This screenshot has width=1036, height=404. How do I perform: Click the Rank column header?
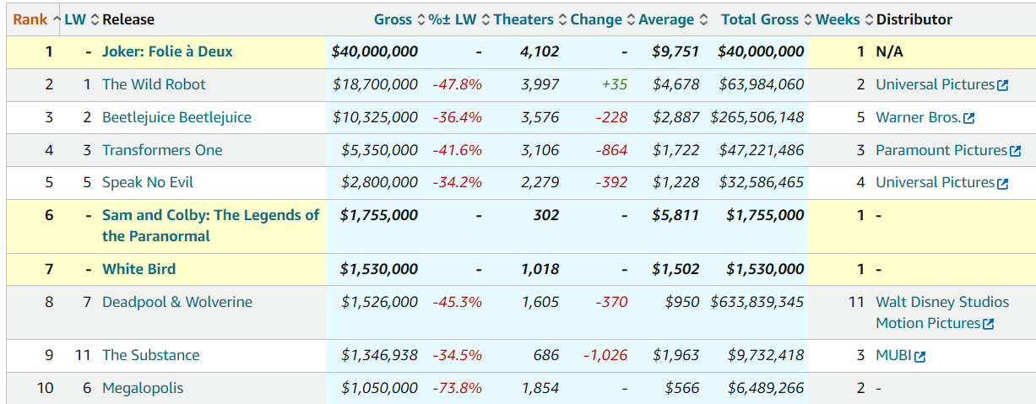click(x=30, y=19)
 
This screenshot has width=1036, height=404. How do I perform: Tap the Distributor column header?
click(x=914, y=19)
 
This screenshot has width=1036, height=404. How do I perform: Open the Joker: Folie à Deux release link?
click(x=167, y=51)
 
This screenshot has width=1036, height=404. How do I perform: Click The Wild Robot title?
click(x=154, y=84)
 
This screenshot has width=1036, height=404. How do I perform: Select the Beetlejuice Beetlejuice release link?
click(x=176, y=117)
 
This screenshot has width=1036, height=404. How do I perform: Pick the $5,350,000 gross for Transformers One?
click(x=379, y=150)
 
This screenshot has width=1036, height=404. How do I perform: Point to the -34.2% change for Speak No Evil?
click(x=457, y=182)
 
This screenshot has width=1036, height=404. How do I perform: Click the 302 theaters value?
click(x=545, y=215)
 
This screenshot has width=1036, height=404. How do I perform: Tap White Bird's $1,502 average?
click(x=675, y=269)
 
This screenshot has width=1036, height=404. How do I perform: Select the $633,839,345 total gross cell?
click(x=757, y=302)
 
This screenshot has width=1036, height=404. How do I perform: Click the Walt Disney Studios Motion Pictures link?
click(x=941, y=312)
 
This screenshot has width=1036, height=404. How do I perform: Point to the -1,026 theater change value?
click(x=605, y=355)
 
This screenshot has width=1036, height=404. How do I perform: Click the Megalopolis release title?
click(x=143, y=388)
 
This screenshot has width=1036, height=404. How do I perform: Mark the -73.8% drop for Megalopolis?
click(x=457, y=388)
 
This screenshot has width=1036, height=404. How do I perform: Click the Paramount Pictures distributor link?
click(x=941, y=150)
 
